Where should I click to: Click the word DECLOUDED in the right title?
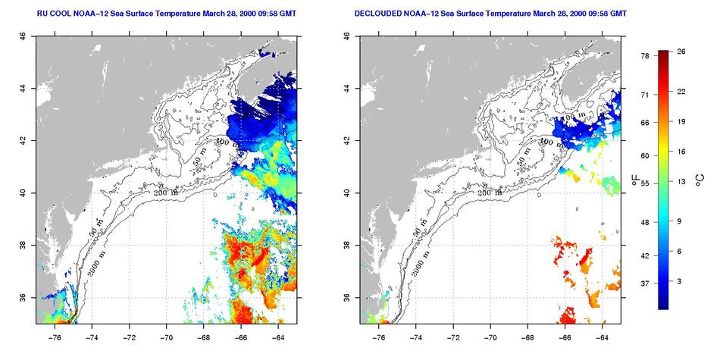(x=380, y=14)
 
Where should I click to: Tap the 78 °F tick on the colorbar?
(x=644, y=55)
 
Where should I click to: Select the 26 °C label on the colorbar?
(x=681, y=51)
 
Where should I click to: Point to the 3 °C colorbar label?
(x=679, y=281)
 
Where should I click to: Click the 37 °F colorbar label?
(x=644, y=283)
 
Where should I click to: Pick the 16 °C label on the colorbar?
(x=681, y=152)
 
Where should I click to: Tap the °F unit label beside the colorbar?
(x=634, y=179)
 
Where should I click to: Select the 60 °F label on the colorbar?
(x=644, y=155)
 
